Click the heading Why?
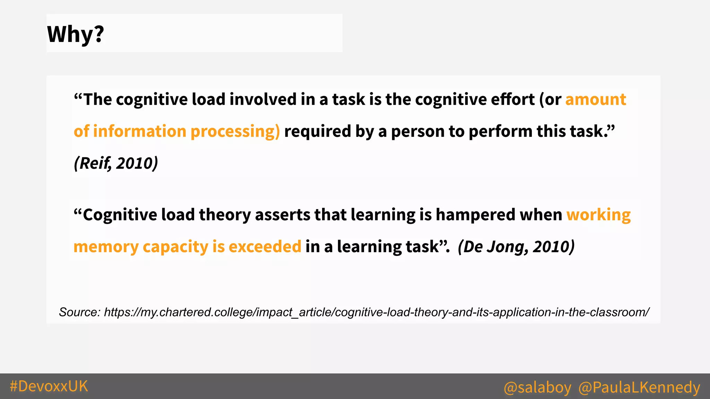click(x=76, y=34)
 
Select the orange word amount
click(x=596, y=99)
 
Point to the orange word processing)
click(x=235, y=132)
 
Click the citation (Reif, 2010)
click(x=116, y=163)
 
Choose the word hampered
click(x=475, y=215)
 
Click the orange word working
click(x=598, y=215)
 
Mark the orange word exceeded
click(x=265, y=247)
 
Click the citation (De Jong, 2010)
click(x=516, y=247)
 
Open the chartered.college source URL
click(x=376, y=312)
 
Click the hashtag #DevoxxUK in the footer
click(x=49, y=386)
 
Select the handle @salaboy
click(x=537, y=387)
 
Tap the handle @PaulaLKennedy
click(x=639, y=387)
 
